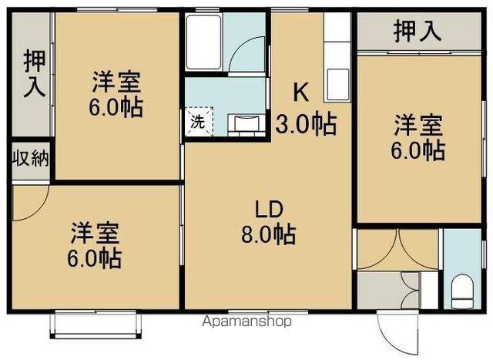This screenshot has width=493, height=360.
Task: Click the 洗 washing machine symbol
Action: point(196,121)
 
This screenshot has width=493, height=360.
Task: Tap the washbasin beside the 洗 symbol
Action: point(245,123)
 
